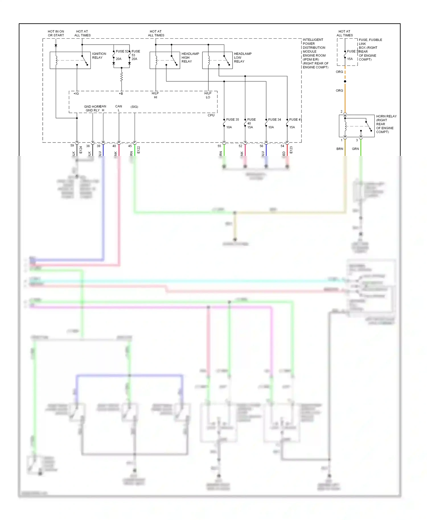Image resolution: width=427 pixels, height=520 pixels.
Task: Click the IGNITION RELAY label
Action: (99, 55)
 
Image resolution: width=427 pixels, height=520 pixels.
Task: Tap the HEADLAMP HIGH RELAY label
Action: (190, 57)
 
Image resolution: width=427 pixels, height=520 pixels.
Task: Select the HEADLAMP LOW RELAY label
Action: (243, 57)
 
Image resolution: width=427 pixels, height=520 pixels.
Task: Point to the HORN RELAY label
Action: (386, 124)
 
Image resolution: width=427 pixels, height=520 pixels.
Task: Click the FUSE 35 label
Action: (232, 119)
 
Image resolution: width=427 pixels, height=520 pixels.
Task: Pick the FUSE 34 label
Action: (274, 119)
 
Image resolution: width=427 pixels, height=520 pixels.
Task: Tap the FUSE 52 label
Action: (122, 51)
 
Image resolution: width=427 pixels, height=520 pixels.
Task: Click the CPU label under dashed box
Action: (211, 115)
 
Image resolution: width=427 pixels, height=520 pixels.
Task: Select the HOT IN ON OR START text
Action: (56, 33)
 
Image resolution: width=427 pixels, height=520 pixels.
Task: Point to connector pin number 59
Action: (72, 146)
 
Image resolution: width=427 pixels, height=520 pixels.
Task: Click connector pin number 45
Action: (130, 146)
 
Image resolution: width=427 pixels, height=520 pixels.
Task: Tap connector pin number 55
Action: (219, 146)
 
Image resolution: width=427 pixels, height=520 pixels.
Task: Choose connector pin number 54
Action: (282, 146)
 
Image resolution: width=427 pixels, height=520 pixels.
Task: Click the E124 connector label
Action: (81, 150)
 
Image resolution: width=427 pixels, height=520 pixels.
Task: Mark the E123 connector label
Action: (291, 150)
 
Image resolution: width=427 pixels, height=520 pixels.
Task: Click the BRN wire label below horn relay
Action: (340, 149)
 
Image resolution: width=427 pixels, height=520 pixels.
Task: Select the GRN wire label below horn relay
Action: (355, 149)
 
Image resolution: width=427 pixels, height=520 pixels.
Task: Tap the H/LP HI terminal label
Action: (155, 95)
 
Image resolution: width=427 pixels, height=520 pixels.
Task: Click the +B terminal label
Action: (121, 94)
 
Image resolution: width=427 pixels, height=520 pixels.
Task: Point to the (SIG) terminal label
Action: (134, 107)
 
